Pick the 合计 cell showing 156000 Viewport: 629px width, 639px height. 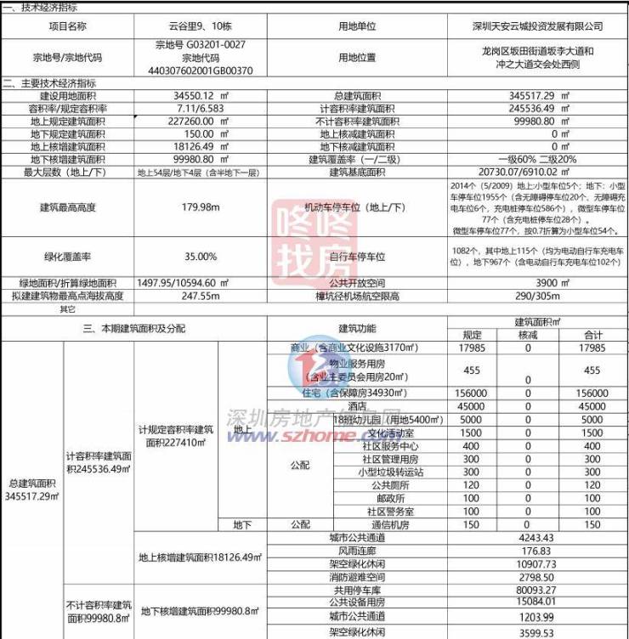(x=592, y=393)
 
